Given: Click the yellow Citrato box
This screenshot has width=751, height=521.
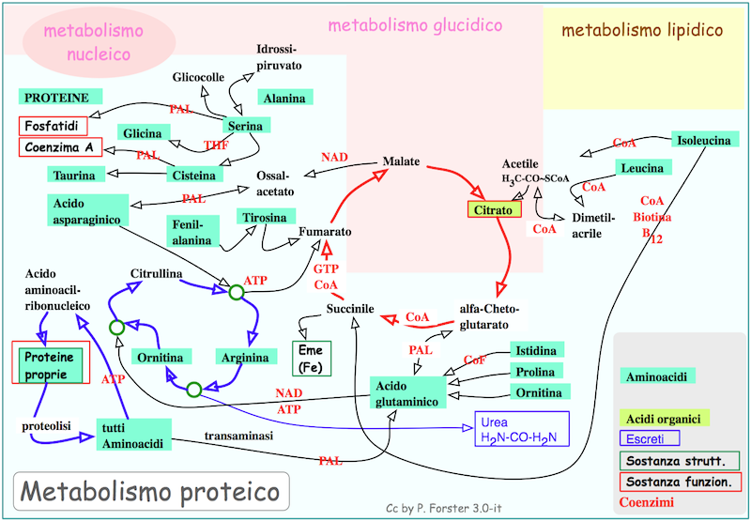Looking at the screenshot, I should [x=494, y=210].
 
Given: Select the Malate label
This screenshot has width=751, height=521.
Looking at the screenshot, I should [x=401, y=161].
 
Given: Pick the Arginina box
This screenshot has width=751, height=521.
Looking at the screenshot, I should [x=245, y=358].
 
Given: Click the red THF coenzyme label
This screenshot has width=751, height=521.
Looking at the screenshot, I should [x=216, y=145].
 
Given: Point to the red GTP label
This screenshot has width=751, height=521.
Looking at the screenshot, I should [x=326, y=268].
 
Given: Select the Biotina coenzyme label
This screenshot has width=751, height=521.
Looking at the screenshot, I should [x=652, y=217].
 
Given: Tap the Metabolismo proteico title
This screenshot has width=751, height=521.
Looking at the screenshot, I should [x=150, y=491].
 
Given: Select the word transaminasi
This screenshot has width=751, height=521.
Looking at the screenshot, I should [x=238, y=437].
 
